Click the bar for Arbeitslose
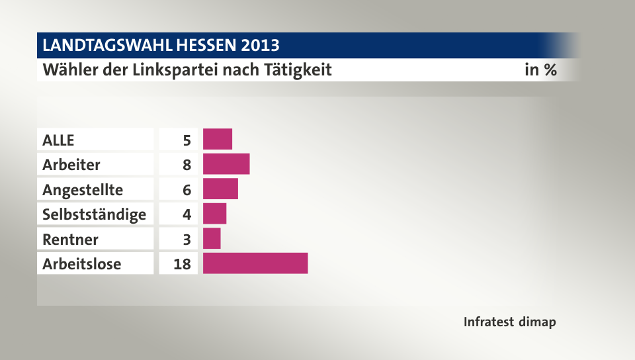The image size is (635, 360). (x=255, y=263)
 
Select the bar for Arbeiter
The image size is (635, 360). (x=226, y=164)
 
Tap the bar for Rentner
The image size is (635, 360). (x=212, y=238)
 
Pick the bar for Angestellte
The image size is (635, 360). (x=220, y=189)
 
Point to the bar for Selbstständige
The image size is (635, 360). (x=214, y=214)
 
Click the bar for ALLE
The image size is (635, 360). (x=218, y=140)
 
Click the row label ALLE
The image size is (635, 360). (x=59, y=140)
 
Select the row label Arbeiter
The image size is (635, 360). (x=71, y=165)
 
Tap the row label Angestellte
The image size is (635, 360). (x=83, y=190)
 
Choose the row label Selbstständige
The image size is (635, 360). (x=94, y=214)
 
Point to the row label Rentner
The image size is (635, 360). (x=70, y=239)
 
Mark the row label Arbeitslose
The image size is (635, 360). (x=81, y=264)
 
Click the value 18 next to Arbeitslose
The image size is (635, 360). (x=182, y=264)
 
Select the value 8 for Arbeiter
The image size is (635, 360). (x=187, y=165)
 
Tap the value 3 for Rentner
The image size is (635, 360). (x=187, y=239)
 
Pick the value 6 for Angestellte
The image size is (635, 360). (x=187, y=190)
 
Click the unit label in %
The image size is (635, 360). (x=540, y=69)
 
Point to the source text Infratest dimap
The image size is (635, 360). (x=509, y=322)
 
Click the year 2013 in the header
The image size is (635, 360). (x=260, y=46)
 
